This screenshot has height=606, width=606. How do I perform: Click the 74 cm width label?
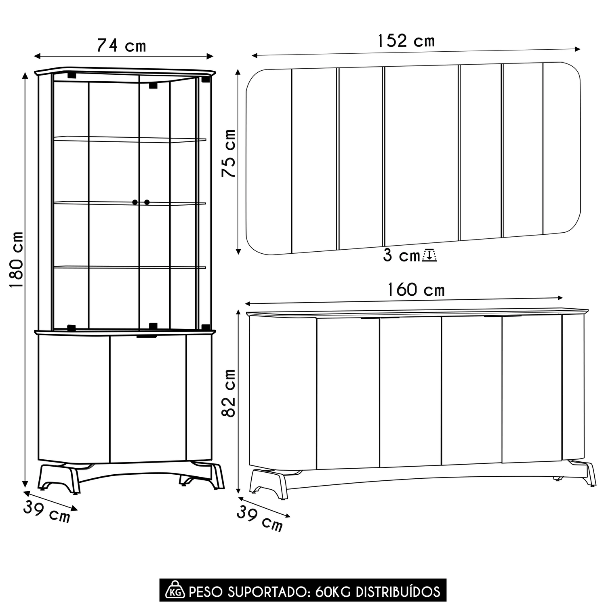[x=121, y=46]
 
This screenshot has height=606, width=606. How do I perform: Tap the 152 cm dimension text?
[x=406, y=41]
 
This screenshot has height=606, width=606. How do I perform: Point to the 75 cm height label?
[x=229, y=154]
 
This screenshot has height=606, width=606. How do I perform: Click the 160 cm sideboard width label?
[x=416, y=290]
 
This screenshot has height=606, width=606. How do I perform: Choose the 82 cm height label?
[x=229, y=393]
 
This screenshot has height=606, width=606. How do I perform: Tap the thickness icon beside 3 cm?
[x=429, y=256]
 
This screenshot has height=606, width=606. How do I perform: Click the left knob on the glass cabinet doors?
[x=135, y=202]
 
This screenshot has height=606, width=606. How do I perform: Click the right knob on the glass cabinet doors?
[x=147, y=202]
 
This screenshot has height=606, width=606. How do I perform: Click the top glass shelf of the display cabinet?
[x=130, y=139]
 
